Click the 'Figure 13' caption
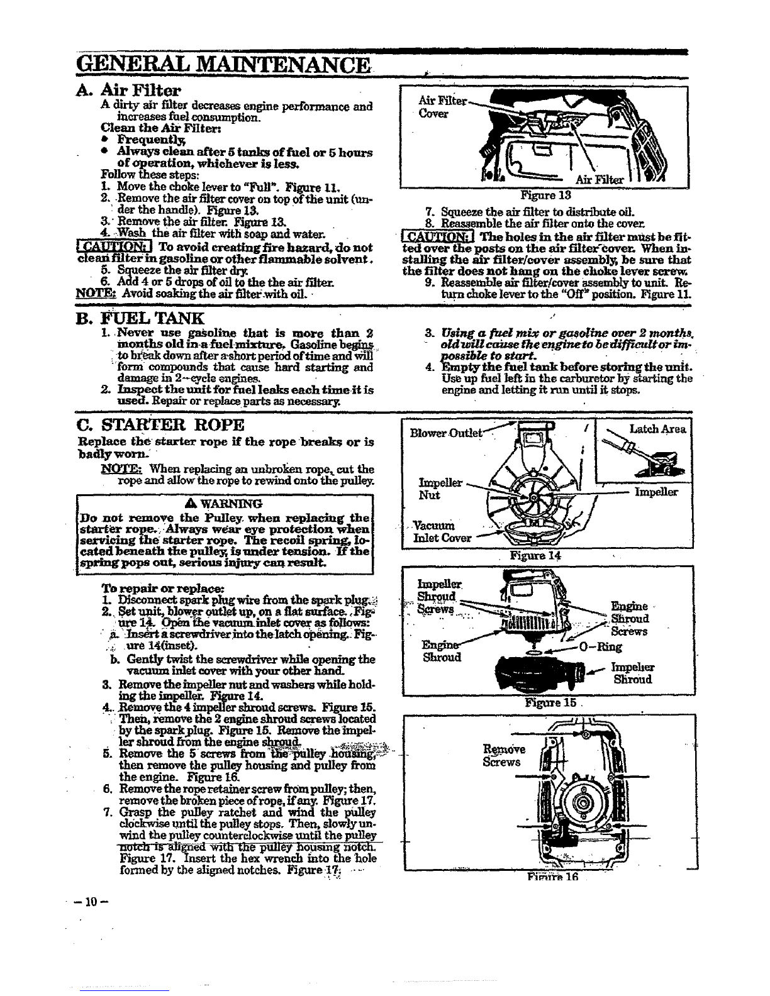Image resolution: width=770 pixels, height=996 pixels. pos(545,196)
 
